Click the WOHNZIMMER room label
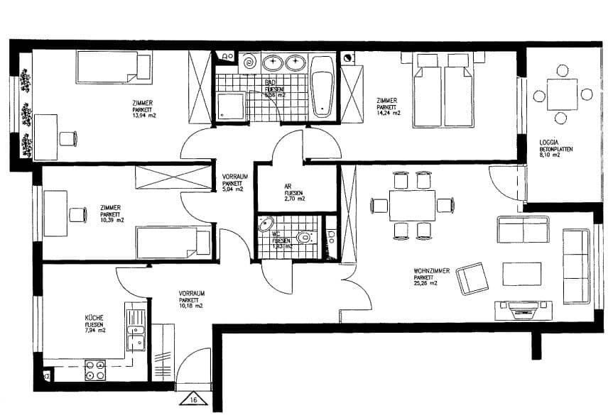coord(430,270)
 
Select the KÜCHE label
coord(94,319)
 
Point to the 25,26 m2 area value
coord(425,282)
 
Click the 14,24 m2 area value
coord(389,113)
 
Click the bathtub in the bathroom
coord(322,87)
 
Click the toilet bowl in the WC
coord(305,237)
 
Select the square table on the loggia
coord(562,94)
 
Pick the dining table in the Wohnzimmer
coord(412,205)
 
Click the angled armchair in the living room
coord(472,278)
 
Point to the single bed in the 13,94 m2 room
coord(114,67)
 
